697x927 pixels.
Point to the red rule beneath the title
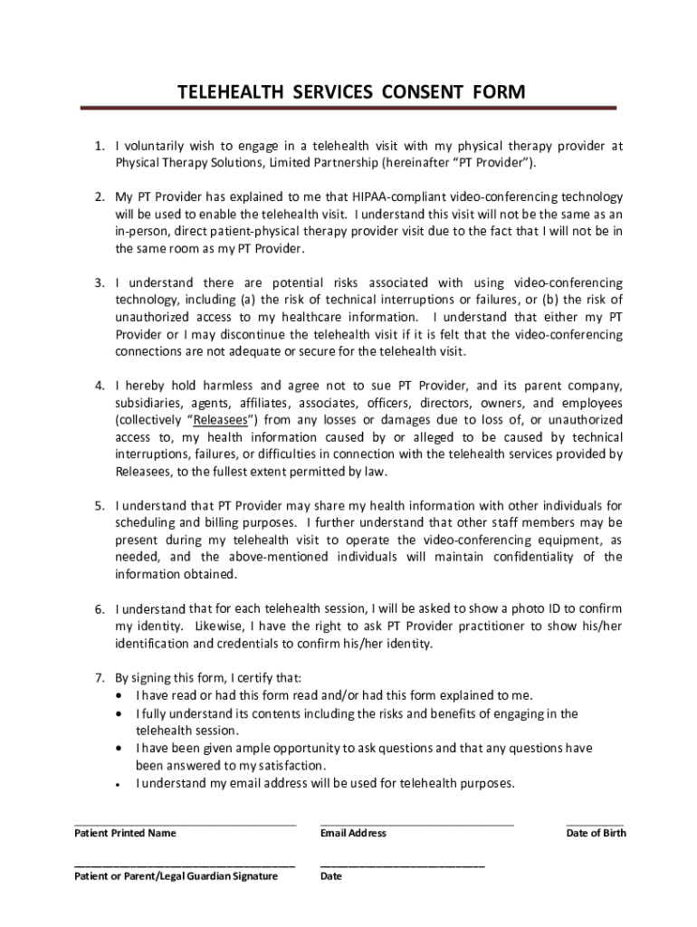pyautogui.click(x=348, y=109)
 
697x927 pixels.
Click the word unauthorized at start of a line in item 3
pyautogui.click(x=151, y=317)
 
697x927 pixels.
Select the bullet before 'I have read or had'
pyautogui.click(x=122, y=696)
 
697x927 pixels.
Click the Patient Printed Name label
pyautogui.click(x=125, y=833)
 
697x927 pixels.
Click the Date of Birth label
pyautogui.click(x=596, y=833)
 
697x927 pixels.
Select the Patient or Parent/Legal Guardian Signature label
pyautogui.click(x=176, y=876)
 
